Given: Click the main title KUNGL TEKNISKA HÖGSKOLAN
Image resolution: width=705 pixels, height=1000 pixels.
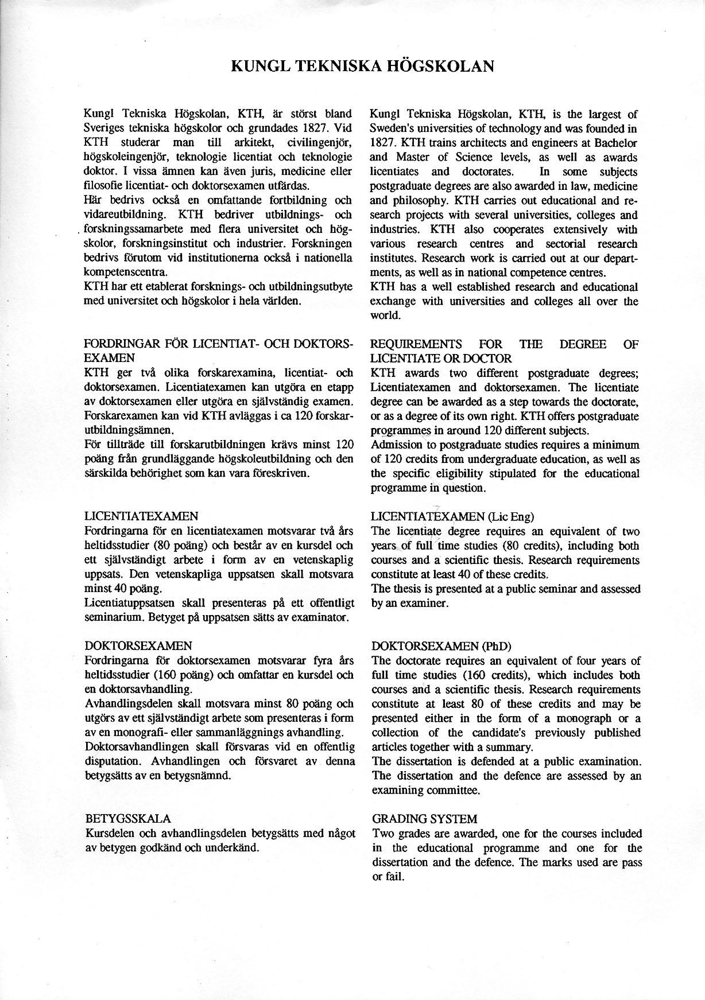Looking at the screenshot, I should pos(362,67).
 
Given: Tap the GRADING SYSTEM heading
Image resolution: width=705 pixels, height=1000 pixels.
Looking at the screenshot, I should pos(424,819).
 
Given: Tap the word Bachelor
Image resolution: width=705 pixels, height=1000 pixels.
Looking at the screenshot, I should pos(617,143).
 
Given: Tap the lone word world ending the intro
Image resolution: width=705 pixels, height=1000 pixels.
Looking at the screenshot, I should pos(385,316).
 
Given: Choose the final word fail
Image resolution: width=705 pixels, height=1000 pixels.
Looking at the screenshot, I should pos(394,877).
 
